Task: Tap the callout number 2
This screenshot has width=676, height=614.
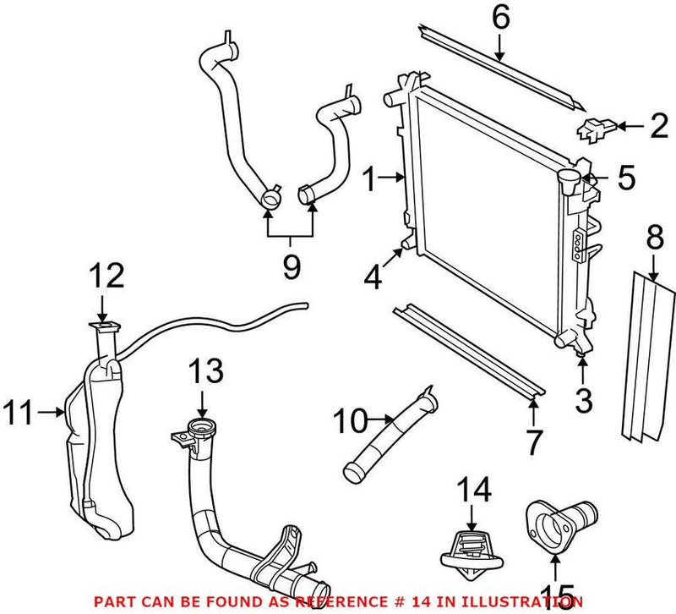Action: (x=657, y=128)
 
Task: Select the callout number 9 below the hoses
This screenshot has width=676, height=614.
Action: (x=291, y=267)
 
